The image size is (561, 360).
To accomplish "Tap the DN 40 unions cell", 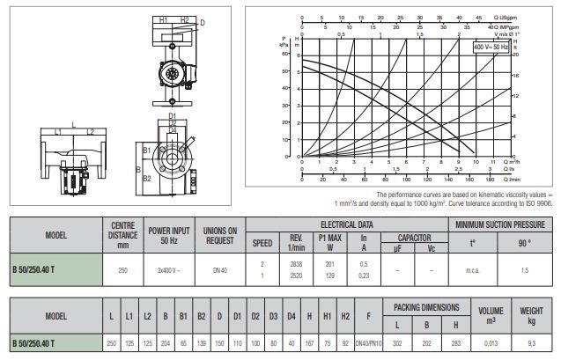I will (x=218, y=269).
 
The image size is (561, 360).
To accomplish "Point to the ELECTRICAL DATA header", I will (x=349, y=224).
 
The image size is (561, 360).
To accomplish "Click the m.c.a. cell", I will (x=470, y=269).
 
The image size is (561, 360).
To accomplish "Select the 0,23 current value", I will (x=365, y=276).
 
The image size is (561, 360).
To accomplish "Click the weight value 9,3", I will (x=532, y=342).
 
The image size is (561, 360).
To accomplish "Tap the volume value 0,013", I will (x=491, y=342).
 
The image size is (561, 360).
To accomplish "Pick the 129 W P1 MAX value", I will (x=331, y=276).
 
